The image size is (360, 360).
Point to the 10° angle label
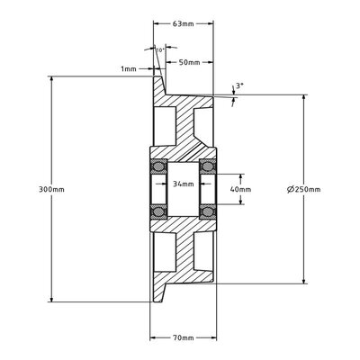tap(159, 50)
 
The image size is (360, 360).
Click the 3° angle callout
tap(238, 85)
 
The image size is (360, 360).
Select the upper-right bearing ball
tap(206, 166)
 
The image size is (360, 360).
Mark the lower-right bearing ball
tap(206, 213)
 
